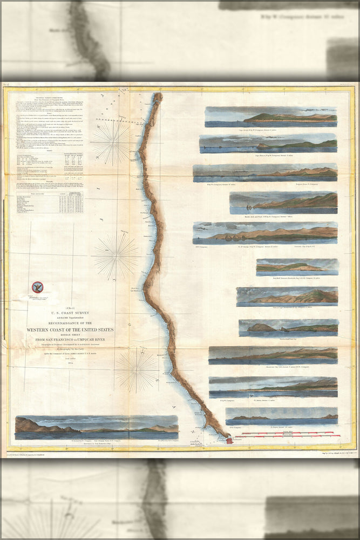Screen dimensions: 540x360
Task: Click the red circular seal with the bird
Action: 37,287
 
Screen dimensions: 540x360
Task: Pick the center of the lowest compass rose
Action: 136,370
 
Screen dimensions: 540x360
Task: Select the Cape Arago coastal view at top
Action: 271,116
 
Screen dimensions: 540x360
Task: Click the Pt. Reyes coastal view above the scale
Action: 282,416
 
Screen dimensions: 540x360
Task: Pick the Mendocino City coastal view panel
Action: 273,354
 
